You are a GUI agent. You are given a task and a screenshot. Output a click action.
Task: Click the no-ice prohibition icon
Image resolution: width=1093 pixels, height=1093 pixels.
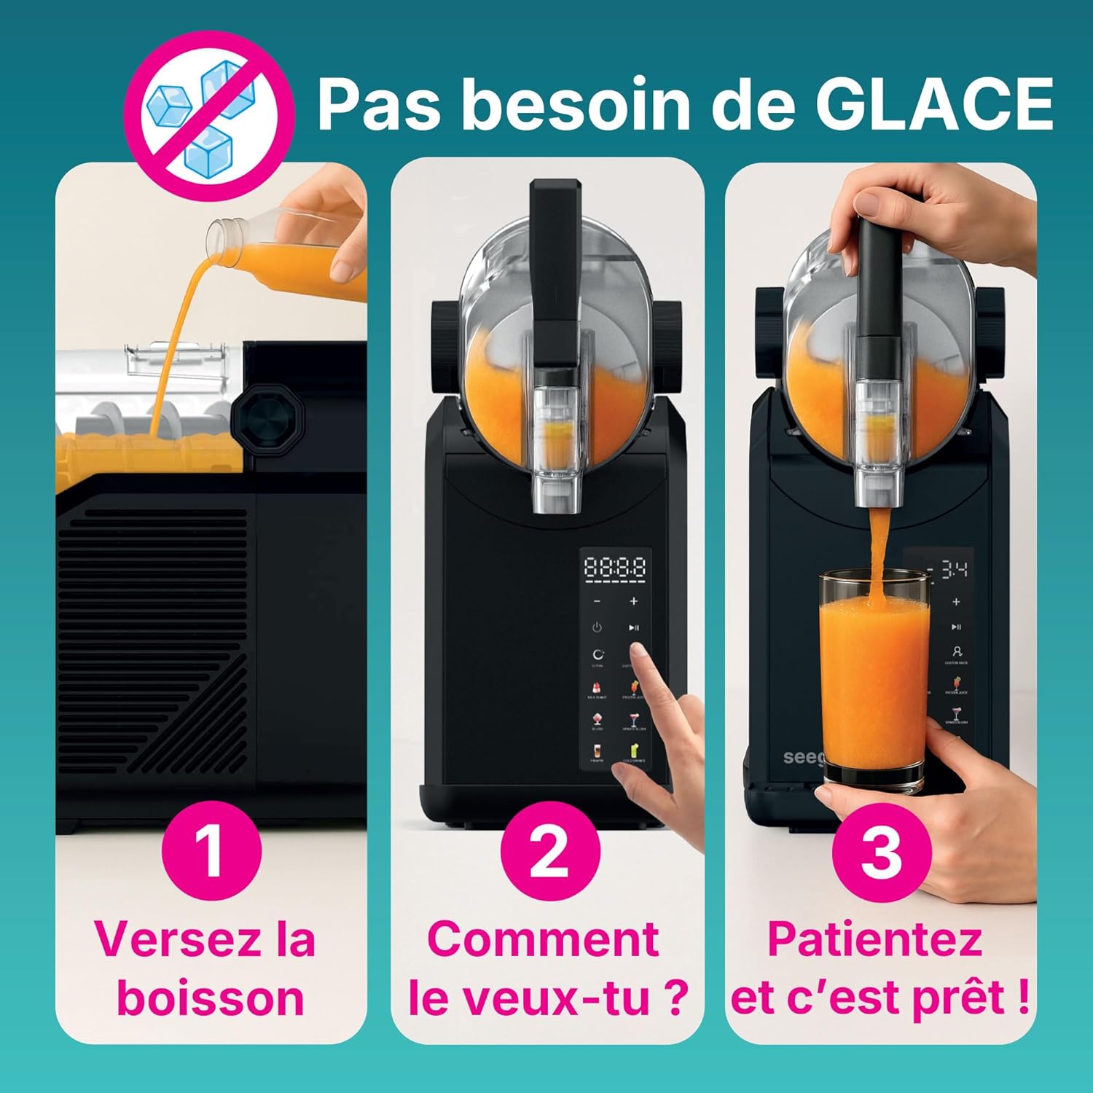(209, 116)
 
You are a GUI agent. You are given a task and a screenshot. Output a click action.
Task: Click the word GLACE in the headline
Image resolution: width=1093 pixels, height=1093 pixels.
(933, 104)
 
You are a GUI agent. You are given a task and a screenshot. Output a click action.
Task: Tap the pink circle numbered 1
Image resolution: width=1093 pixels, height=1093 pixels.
(211, 850)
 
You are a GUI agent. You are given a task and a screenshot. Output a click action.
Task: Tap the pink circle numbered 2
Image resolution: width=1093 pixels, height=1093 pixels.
(549, 850)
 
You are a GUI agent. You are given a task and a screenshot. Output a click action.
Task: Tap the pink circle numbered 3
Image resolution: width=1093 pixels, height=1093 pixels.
(882, 850)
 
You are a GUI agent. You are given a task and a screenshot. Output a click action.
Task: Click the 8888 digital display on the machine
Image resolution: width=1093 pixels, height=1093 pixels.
(615, 568)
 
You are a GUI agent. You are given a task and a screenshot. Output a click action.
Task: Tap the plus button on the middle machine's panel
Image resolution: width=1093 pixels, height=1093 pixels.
(633, 601)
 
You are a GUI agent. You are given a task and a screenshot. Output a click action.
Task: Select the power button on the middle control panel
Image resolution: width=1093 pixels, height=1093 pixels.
(597, 627)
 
